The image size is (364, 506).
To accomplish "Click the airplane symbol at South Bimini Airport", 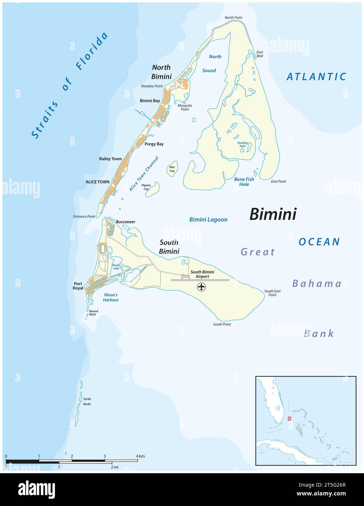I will point(201,287).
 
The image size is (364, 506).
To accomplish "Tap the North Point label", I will point(233,17).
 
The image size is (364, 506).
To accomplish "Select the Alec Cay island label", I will point(172,169).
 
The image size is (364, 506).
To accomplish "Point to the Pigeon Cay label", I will point(146,187).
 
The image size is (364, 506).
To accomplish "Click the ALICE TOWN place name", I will point(98,182).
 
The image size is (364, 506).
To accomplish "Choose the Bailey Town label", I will point(110,159).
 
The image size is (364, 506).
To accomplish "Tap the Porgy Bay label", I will point(154,144).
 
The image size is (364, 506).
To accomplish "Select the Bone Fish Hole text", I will point(244,182).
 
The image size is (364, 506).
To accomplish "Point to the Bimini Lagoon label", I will point(208,220).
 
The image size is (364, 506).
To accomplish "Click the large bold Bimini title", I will point(273,214).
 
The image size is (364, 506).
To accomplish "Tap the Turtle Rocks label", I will point(87,402).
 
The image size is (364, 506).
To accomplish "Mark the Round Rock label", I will point(94,313).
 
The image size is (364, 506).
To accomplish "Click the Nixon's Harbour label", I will point(111,297).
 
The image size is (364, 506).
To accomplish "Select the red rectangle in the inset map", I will point(289,419).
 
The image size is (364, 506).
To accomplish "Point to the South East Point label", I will point(272,293).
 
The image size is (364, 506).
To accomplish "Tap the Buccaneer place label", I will point(126,222).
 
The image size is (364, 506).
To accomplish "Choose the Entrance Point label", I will point(84,216).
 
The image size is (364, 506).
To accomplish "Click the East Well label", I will point(260,54).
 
